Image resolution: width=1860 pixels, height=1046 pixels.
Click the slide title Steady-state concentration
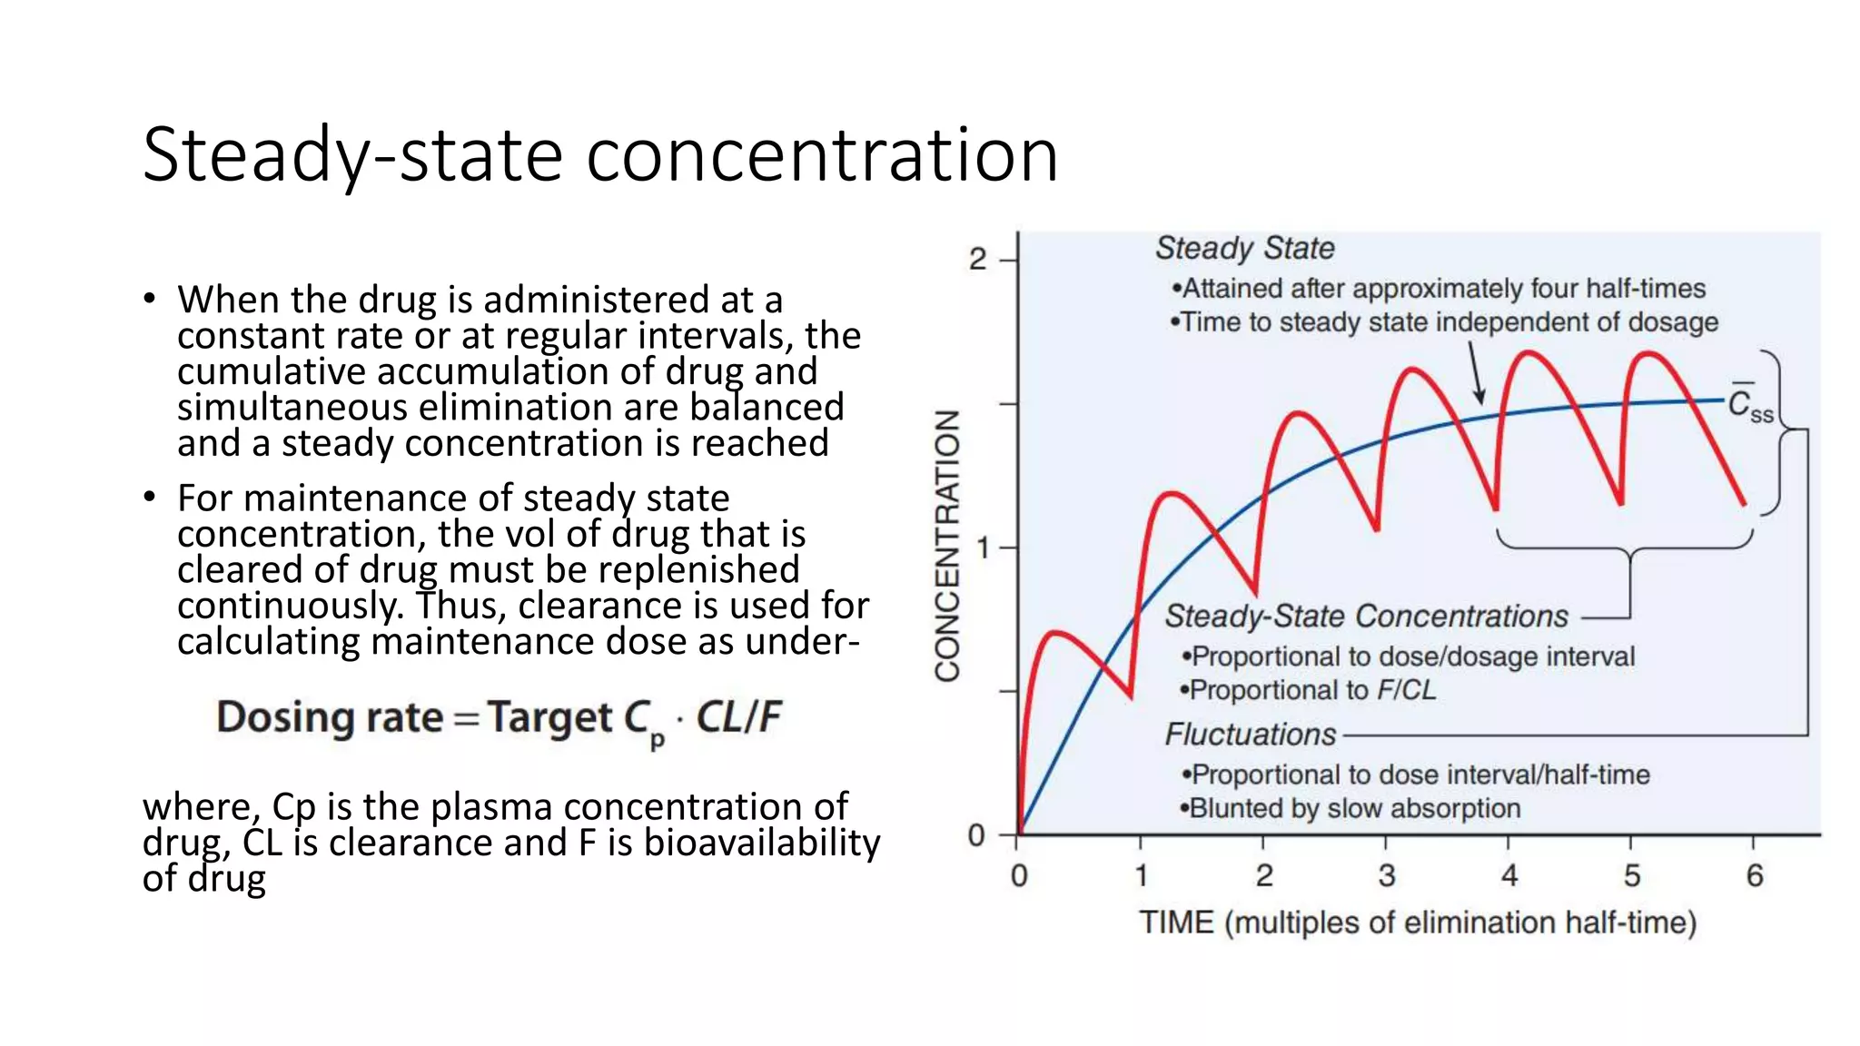(599, 154)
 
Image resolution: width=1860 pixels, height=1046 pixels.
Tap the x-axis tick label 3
(1386, 876)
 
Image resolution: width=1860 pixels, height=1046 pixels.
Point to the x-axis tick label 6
(1754, 876)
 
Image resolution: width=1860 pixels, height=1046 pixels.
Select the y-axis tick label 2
(977, 260)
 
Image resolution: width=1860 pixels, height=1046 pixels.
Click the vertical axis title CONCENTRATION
(948, 545)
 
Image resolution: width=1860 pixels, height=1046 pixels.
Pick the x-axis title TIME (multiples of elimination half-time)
(1417, 923)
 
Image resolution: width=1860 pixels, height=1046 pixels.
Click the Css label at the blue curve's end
(1750, 405)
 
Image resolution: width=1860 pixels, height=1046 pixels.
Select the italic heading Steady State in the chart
(1244, 248)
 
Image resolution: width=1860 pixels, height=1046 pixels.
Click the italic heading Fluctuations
(1251, 734)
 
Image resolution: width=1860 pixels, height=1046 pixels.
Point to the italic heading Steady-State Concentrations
(1366, 616)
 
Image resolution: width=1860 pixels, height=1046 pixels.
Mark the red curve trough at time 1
(1131, 696)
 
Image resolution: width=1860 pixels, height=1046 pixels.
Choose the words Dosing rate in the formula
(329, 717)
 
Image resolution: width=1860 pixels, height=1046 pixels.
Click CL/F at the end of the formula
(737, 717)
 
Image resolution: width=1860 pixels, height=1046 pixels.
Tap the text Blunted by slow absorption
(1353, 808)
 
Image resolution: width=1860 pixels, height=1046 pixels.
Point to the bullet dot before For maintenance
(150, 497)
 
